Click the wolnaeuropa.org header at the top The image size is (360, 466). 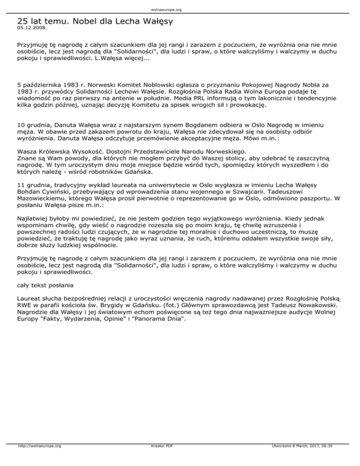pos(180,9)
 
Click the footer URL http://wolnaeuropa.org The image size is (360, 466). pos(39,459)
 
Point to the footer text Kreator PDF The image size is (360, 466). pos(159,459)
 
